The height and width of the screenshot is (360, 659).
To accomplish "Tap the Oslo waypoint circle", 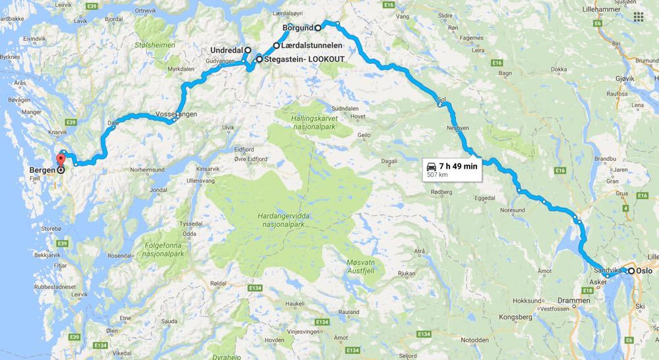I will tap(631, 271).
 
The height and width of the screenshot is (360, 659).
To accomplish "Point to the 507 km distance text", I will tap(437, 175).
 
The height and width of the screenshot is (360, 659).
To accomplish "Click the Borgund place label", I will tap(298, 28).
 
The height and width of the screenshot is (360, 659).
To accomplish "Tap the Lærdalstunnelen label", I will tap(311, 45).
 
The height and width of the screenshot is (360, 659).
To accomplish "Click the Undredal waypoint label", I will tap(226, 50).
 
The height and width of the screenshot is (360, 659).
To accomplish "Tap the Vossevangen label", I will tap(176, 114).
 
